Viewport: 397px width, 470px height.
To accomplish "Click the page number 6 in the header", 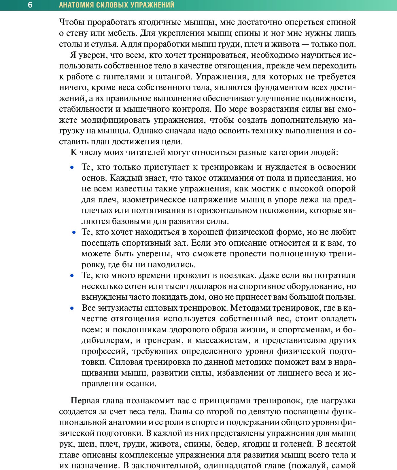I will coord(30,5).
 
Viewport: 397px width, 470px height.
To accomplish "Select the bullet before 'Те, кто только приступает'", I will coord(72,167).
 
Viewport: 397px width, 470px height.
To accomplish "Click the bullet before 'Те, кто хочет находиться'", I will coord(74,232).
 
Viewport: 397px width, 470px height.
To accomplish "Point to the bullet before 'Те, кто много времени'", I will coord(72,276).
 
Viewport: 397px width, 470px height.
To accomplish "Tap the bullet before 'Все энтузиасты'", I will coord(72,308).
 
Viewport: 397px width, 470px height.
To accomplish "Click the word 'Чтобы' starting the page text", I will coord(72,22).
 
